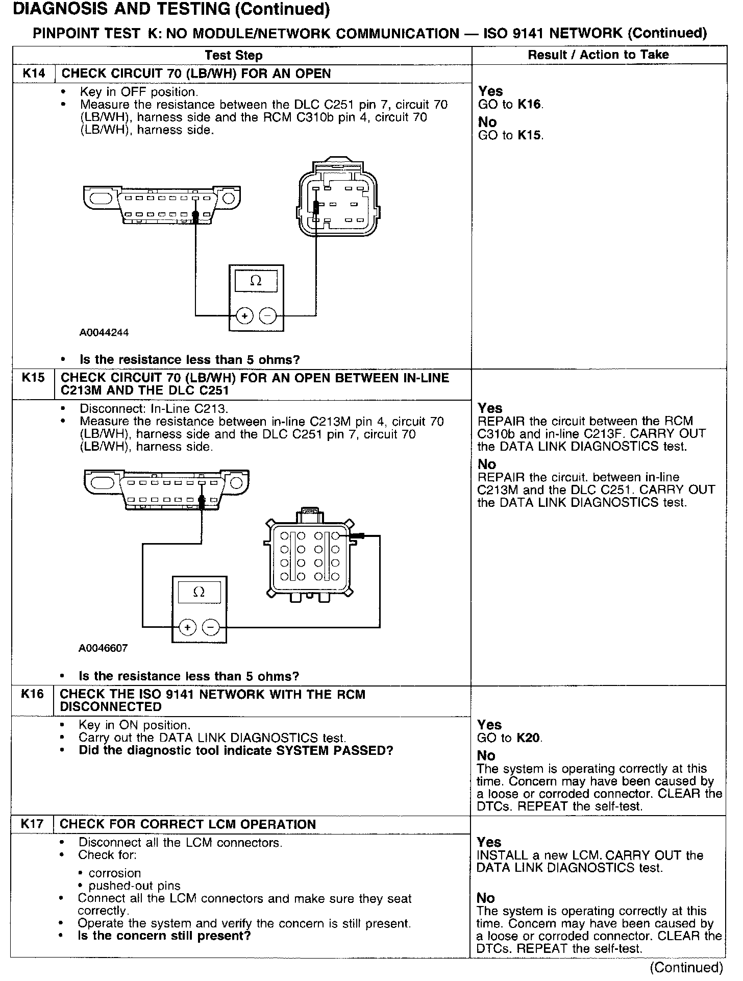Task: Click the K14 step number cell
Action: (x=34, y=73)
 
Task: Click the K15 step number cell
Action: (x=33, y=378)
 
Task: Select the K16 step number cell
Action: (x=33, y=694)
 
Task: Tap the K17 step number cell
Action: (x=32, y=824)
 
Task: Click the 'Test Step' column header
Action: (x=234, y=56)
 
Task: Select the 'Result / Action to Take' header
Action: (x=598, y=55)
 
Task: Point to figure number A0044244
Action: (x=104, y=333)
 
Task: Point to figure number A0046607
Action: (x=103, y=648)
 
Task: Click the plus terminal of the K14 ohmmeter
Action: (x=245, y=316)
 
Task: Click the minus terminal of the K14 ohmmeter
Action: (x=268, y=316)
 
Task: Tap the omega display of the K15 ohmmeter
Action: (x=199, y=592)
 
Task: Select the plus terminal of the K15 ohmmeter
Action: (x=188, y=627)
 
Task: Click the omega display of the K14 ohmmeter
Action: (x=256, y=281)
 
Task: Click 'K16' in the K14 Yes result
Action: (x=530, y=105)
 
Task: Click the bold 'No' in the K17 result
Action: (x=486, y=898)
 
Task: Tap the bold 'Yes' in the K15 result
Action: (x=490, y=408)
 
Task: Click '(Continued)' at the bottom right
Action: (x=686, y=967)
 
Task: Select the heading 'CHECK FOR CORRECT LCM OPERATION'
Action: (x=188, y=824)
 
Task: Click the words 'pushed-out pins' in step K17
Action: (x=134, y=886)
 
